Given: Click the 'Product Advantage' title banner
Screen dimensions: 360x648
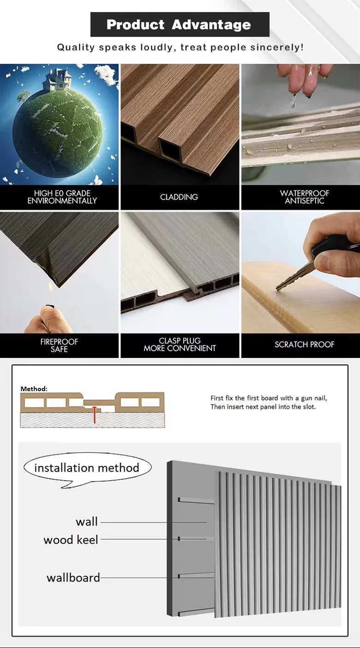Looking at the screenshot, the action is [x=180, y=24].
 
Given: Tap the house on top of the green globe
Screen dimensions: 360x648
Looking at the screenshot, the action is [x=57, y=79].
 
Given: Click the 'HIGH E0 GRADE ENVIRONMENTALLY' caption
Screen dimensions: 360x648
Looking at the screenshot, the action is [x=62, y=197].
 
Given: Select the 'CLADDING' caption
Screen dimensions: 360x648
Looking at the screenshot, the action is [x=179, y=197].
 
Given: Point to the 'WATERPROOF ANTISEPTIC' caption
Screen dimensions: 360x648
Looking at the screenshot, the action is [x=305, y=197].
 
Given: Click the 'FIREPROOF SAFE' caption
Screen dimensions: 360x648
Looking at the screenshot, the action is [x=59, y=345].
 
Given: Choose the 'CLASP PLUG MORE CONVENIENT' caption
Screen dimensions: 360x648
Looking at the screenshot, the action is [x=180, y=345].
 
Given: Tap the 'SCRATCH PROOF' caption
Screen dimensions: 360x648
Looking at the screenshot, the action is [x=305, y=345].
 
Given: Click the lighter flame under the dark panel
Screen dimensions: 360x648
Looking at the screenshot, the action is [x=51, y=288].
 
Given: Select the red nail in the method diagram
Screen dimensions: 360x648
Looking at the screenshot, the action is [x=94, y=415].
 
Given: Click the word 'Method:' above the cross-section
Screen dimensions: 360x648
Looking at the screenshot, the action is [x=34, y=389].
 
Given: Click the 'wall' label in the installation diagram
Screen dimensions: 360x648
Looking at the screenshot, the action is [x=87, y=522].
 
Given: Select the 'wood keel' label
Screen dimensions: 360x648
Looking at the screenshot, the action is [x=71, y=540].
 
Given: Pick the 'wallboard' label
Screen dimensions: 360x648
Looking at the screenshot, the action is [x=73, y=578].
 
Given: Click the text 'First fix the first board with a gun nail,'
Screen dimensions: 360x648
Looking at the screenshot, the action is [x=269, y=398].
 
